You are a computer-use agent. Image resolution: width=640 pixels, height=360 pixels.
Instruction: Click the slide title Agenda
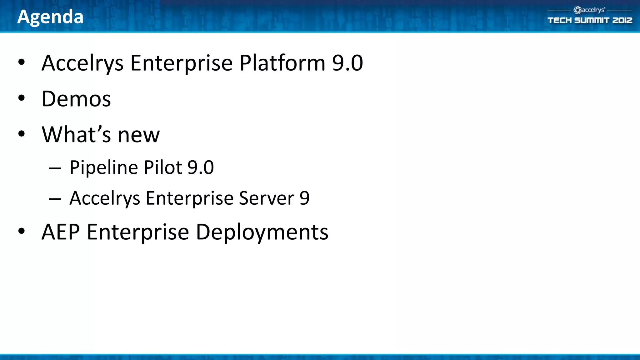point(50,17)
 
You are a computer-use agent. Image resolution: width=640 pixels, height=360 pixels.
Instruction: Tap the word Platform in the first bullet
point(282,63)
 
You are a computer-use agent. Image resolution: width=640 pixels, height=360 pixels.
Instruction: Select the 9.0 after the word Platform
point(347,63)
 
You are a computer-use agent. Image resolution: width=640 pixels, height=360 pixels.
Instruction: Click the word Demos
point(76,99)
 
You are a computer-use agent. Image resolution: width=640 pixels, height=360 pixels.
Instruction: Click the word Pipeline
point(104,167)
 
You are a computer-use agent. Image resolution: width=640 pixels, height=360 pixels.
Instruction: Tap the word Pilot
point(163,167)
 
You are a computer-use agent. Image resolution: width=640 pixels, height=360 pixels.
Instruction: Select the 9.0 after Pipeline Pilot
point(201,167)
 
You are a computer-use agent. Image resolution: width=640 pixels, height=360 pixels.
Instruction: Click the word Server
point(266,198)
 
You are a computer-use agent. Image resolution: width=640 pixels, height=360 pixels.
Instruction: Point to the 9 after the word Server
point(304,198)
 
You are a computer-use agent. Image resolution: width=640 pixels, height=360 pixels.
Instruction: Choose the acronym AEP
point(61,232)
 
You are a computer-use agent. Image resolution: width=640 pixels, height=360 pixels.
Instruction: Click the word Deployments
point(262,233)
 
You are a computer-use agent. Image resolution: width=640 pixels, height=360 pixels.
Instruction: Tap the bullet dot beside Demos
point(21,98)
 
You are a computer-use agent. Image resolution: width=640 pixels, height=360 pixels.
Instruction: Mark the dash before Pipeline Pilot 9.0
point(55,168)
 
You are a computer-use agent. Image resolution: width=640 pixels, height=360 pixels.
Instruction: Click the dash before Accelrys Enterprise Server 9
point(55,199)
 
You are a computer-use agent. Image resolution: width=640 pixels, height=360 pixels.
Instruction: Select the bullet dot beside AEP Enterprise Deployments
point(21,231)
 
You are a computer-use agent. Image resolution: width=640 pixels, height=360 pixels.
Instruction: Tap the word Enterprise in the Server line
point(189,198)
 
